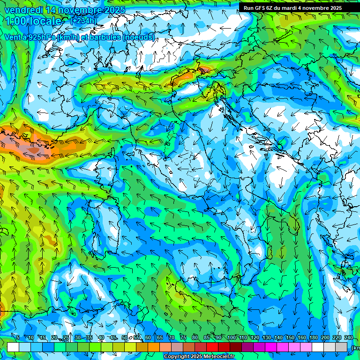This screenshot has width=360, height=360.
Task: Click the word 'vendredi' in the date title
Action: click(x=22, y=10)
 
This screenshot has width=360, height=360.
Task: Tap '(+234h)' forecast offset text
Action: click(x=83, y=20)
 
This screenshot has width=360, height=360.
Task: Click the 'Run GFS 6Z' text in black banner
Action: click(x=257, y=8)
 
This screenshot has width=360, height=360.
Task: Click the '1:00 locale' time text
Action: click(x=33, y=21)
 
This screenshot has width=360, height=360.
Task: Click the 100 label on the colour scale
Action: click(x=231, y=338)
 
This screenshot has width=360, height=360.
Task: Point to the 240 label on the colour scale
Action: click(x=348, y=338)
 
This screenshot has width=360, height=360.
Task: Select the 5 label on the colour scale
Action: click(x=18, y=338)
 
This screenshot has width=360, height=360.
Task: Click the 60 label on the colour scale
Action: click(x=148, y=338)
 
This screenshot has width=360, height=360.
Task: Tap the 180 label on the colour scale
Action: click(x=313, y=338)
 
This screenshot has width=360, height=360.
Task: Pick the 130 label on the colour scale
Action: click(x=266, y=338)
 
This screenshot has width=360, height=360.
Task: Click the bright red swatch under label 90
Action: click(x=212, y=347)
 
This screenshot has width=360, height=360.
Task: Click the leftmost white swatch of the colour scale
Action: click(x=13, y=347)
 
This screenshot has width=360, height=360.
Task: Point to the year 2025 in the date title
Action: click(x=115, y=10)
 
